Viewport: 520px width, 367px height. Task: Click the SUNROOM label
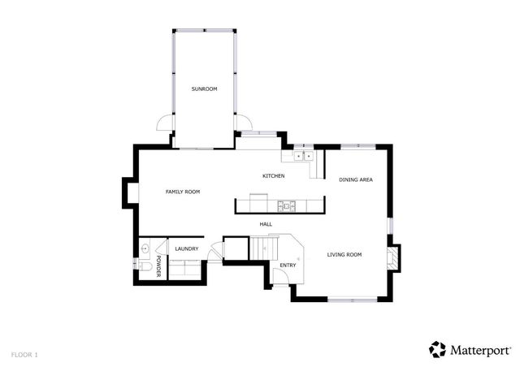(204, 89)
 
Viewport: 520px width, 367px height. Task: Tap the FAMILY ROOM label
(183, 192)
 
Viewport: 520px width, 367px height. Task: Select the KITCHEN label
(273, 176)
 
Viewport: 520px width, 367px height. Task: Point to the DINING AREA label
(356, 179)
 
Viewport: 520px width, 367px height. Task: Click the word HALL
(266, 224)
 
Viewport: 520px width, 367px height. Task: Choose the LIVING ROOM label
(344, 255)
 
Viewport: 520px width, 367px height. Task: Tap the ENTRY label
(288, 266)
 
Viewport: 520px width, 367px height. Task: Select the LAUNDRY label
(187, 248)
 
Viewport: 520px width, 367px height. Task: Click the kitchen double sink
(304, 156)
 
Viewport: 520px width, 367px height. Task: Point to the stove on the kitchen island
(284, 205)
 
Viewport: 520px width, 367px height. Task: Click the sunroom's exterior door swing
(165, 124)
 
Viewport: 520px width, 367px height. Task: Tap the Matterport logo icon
(438, 349)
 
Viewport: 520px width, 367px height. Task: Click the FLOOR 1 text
(24, 355)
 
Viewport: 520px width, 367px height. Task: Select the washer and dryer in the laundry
(186, 270)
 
